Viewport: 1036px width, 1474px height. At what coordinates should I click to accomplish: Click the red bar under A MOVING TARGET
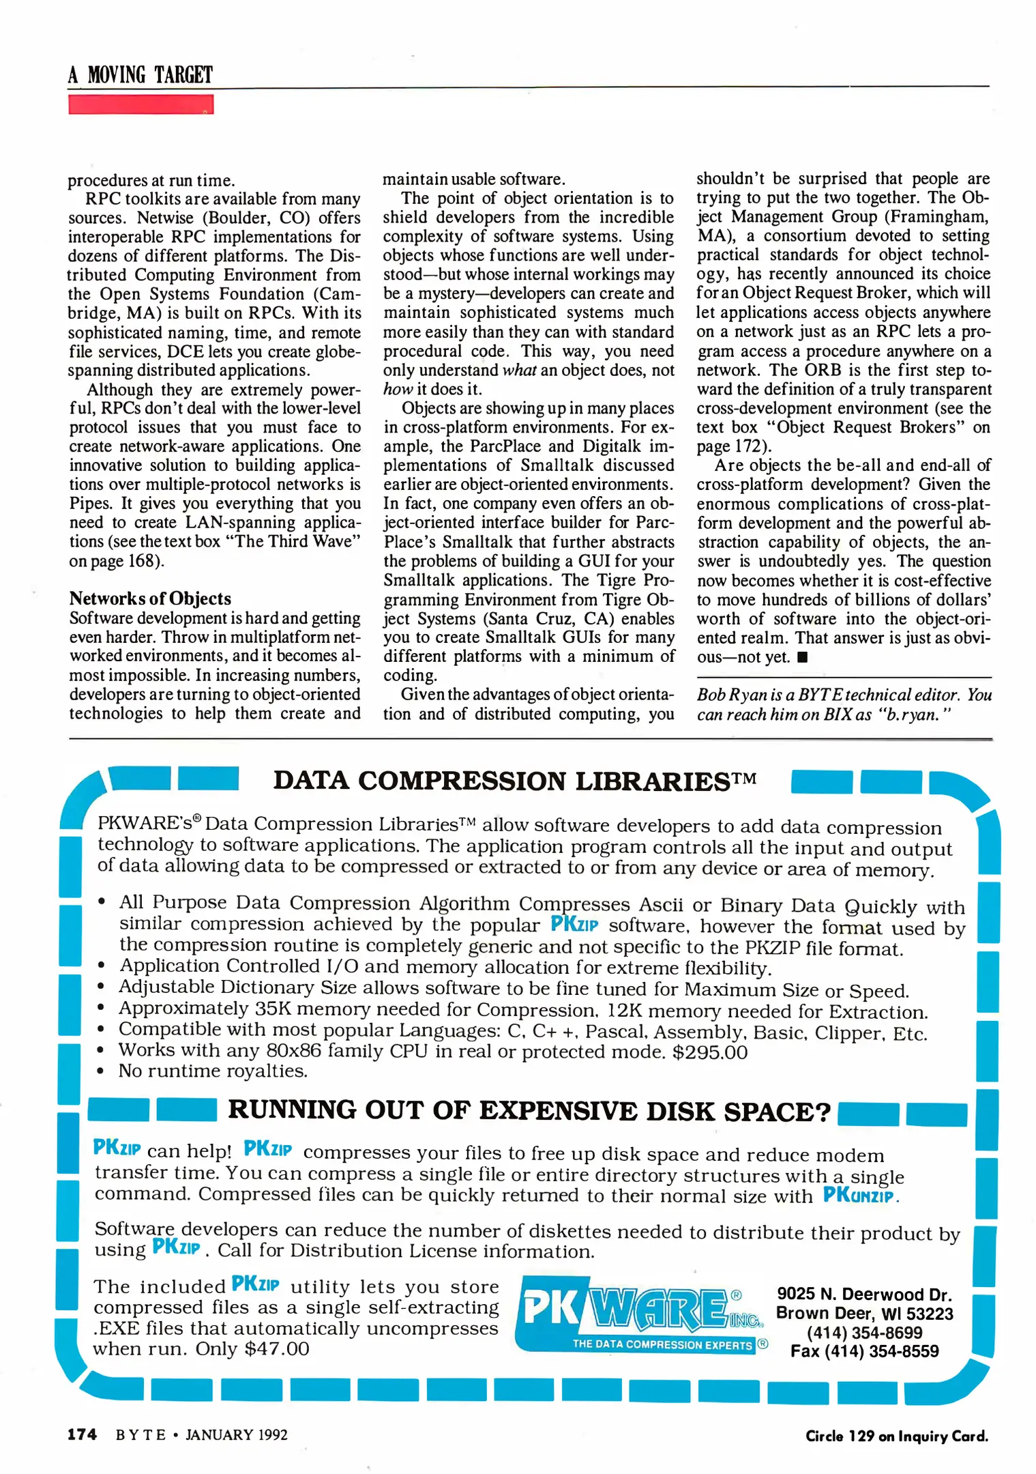click(140, 104)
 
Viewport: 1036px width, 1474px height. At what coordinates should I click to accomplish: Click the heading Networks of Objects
click(150, 598)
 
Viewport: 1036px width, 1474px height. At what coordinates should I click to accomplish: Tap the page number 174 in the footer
click(82, 1434)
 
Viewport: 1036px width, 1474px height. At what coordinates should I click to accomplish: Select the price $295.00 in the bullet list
click(709, 1052)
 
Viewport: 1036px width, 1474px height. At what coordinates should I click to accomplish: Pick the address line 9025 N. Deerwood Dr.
click(864, 1294)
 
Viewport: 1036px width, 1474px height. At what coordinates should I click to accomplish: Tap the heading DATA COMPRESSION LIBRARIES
click(514, 781)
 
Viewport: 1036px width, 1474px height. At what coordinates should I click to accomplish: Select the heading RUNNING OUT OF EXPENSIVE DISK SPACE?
click(529, 1111)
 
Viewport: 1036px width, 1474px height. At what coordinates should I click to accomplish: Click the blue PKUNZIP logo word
click(858, 1195)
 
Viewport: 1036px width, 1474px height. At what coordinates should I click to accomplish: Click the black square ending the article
click(802, 658)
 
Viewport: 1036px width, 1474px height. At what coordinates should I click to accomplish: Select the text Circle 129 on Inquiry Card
click(896, 1436)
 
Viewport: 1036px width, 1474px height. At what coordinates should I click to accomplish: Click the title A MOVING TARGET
click(140, 74)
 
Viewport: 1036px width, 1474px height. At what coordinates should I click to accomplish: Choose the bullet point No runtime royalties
click(213, 1071)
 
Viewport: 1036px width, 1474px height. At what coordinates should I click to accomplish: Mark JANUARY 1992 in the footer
click(236, 1434)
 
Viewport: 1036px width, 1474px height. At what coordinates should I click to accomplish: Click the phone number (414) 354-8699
click(864, 1332)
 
